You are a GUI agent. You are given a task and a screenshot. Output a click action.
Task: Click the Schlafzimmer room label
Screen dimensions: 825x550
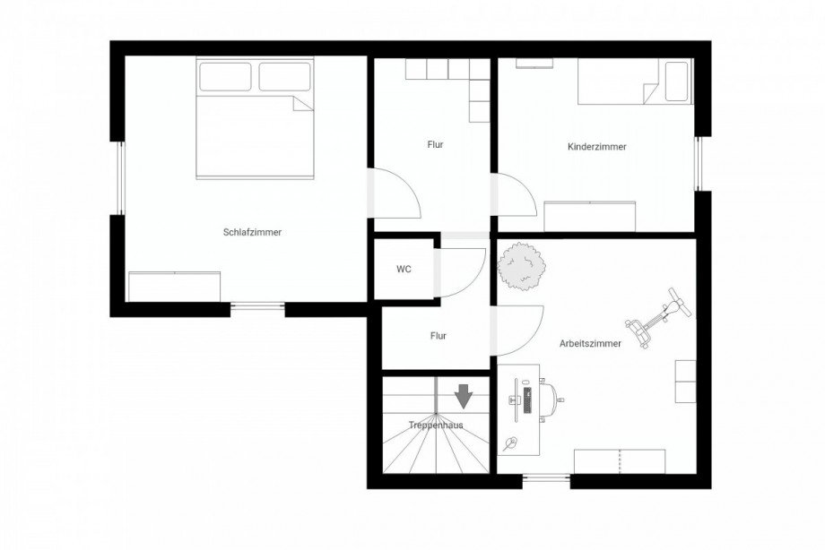(252, 232)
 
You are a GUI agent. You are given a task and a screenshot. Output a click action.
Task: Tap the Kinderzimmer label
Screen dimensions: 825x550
(597, 147)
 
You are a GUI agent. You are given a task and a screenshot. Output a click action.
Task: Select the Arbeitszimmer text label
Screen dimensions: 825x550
(590, 344)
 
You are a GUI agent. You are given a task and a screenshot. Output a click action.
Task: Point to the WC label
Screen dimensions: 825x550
(404, 270)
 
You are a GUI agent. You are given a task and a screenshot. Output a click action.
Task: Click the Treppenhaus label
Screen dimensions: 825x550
(436, 425)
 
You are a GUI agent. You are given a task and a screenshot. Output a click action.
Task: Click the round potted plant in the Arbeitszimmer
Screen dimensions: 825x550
(521, 266)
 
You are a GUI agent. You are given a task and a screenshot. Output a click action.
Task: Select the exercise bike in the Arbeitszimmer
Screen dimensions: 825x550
(658, 318)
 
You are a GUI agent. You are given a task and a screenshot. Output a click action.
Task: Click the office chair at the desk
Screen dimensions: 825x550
(551, 400)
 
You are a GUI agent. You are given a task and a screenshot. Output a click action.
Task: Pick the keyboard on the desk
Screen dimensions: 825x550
(527, 400)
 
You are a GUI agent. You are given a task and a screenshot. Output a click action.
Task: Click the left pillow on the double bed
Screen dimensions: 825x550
(225, 77)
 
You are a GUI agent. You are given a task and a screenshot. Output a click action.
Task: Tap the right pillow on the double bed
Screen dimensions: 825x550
(284, 77)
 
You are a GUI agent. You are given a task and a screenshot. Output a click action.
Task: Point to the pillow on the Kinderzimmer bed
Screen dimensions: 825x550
(677, 82)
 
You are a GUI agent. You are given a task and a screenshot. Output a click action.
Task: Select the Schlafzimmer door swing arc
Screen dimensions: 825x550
(407, 182)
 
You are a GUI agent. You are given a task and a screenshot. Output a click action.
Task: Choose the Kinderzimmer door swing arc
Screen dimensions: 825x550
(523, 185)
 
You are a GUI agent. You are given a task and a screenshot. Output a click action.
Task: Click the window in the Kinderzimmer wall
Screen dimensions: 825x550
(698, 164)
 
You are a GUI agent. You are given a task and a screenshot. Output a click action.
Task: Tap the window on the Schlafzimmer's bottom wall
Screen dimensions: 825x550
(258, 305)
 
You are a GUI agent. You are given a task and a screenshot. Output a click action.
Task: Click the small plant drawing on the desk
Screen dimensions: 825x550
(509, 444)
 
